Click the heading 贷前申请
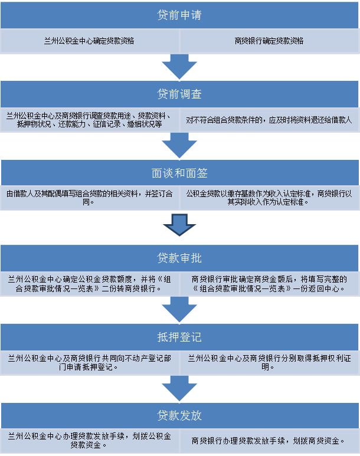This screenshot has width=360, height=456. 179,15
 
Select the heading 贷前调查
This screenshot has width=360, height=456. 179,94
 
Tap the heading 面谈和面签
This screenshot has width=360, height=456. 179,174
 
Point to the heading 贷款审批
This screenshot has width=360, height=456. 179,258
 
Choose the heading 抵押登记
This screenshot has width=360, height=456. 179,337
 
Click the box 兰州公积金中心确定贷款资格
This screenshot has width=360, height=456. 90,41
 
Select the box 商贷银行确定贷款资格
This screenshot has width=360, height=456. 269,41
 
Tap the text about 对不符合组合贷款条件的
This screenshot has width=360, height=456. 269,120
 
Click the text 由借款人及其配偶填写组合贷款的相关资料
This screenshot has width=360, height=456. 90,198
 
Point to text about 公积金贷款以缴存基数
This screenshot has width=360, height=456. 269,198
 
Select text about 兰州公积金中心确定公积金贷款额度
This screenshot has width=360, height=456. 90,284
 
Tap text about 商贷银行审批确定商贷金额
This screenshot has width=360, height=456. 269,284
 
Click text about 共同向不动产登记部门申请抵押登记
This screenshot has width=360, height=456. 90,362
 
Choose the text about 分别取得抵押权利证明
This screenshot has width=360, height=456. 269,362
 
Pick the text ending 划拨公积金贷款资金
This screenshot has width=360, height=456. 90,440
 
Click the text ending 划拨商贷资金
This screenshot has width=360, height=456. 269,440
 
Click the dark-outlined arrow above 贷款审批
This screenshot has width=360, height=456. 179,224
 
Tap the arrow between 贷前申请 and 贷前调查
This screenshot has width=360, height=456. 179,66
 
